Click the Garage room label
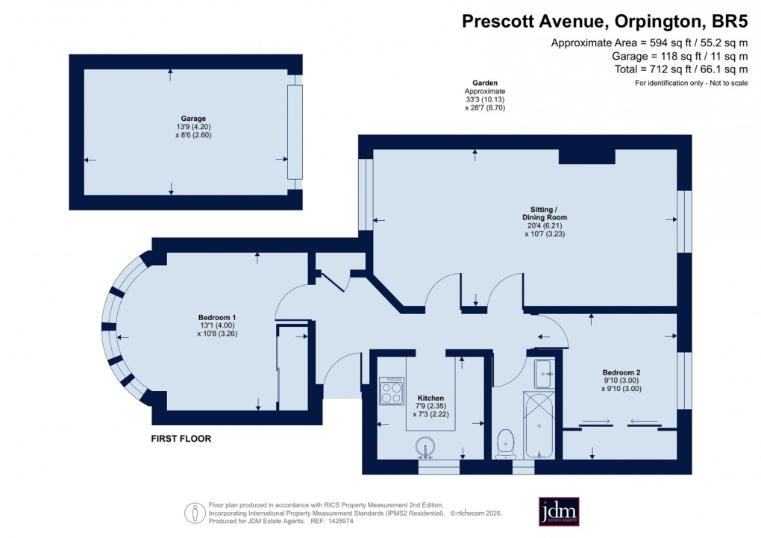click(192, 118)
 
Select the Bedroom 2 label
click(621, 372)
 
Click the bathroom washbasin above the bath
click(543, 373)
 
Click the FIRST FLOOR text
click(181, 439)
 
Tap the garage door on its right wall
click(295, 132)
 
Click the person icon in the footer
click(194, 512)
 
